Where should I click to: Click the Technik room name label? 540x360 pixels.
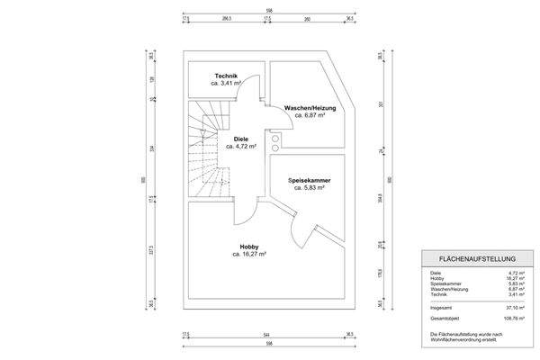click(225, 76)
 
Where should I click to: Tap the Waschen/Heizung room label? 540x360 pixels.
click(304, 109)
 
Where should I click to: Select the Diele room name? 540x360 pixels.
click(241, 139)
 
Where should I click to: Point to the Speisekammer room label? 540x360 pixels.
click(306, 180)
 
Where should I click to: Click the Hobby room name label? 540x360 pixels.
click(249, 247)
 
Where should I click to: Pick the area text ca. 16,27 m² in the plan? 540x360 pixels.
click(249, 254)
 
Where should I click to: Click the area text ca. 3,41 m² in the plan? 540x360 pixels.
click(225, 83)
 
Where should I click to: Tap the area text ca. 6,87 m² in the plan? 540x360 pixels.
click(304, 116)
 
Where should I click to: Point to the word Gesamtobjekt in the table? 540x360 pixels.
click(445, 317)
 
